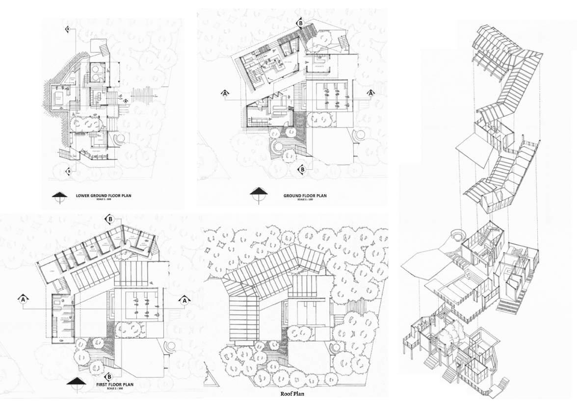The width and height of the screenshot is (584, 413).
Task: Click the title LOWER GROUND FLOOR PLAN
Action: tap(104, 196)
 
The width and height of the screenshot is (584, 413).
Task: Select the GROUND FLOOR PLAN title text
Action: tap(305, 196)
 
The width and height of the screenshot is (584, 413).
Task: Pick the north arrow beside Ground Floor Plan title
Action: tap(258, 193)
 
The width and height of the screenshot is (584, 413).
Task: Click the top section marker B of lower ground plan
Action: tap(68, 29)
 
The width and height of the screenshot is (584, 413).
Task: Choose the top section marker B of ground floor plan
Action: tap(299, 23)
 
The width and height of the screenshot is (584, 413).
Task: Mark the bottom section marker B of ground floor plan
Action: tap(302, 170)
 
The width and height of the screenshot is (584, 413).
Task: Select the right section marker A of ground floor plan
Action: tap(371, 93)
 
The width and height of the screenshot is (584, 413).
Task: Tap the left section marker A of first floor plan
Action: tap(23, 299)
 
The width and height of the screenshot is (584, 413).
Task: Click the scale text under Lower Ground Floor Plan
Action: tap(103, 200)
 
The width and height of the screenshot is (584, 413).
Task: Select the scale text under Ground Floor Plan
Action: tap(304, 200)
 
